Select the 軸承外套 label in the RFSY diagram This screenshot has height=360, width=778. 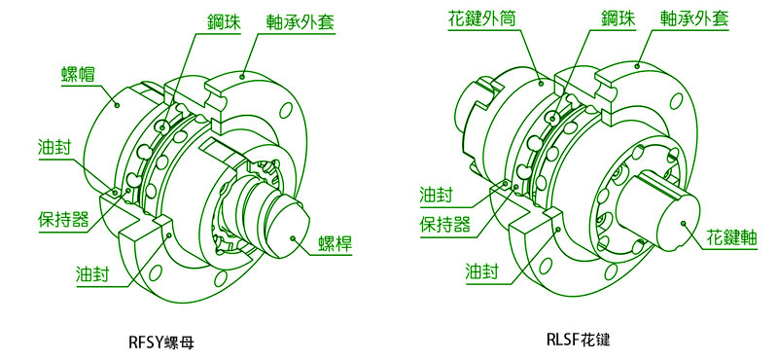pyautogui.click(x=300, y=21)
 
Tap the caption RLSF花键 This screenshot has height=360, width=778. pyautogui.click(x=578, y=341)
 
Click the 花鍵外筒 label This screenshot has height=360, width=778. pyautogui.click(x=481, y=20)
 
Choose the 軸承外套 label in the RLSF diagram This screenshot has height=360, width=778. pyautogui.click(x=693, y=19)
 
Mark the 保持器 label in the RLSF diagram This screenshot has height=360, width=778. pyautogui.click(x=445, y=225)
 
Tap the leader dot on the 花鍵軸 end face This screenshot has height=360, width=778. pyautogui.click(x=685, y=223)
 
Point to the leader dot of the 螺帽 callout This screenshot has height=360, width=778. pyautogui.click(x=117, y=104)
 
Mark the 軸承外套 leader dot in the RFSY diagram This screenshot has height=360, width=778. pyautogui.click(x=242, y=76)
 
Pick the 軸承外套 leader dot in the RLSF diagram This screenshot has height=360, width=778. pyautogui.click(x=637, y=65)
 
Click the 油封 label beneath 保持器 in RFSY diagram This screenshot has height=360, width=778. pyautogui.click(x=93, y=274)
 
